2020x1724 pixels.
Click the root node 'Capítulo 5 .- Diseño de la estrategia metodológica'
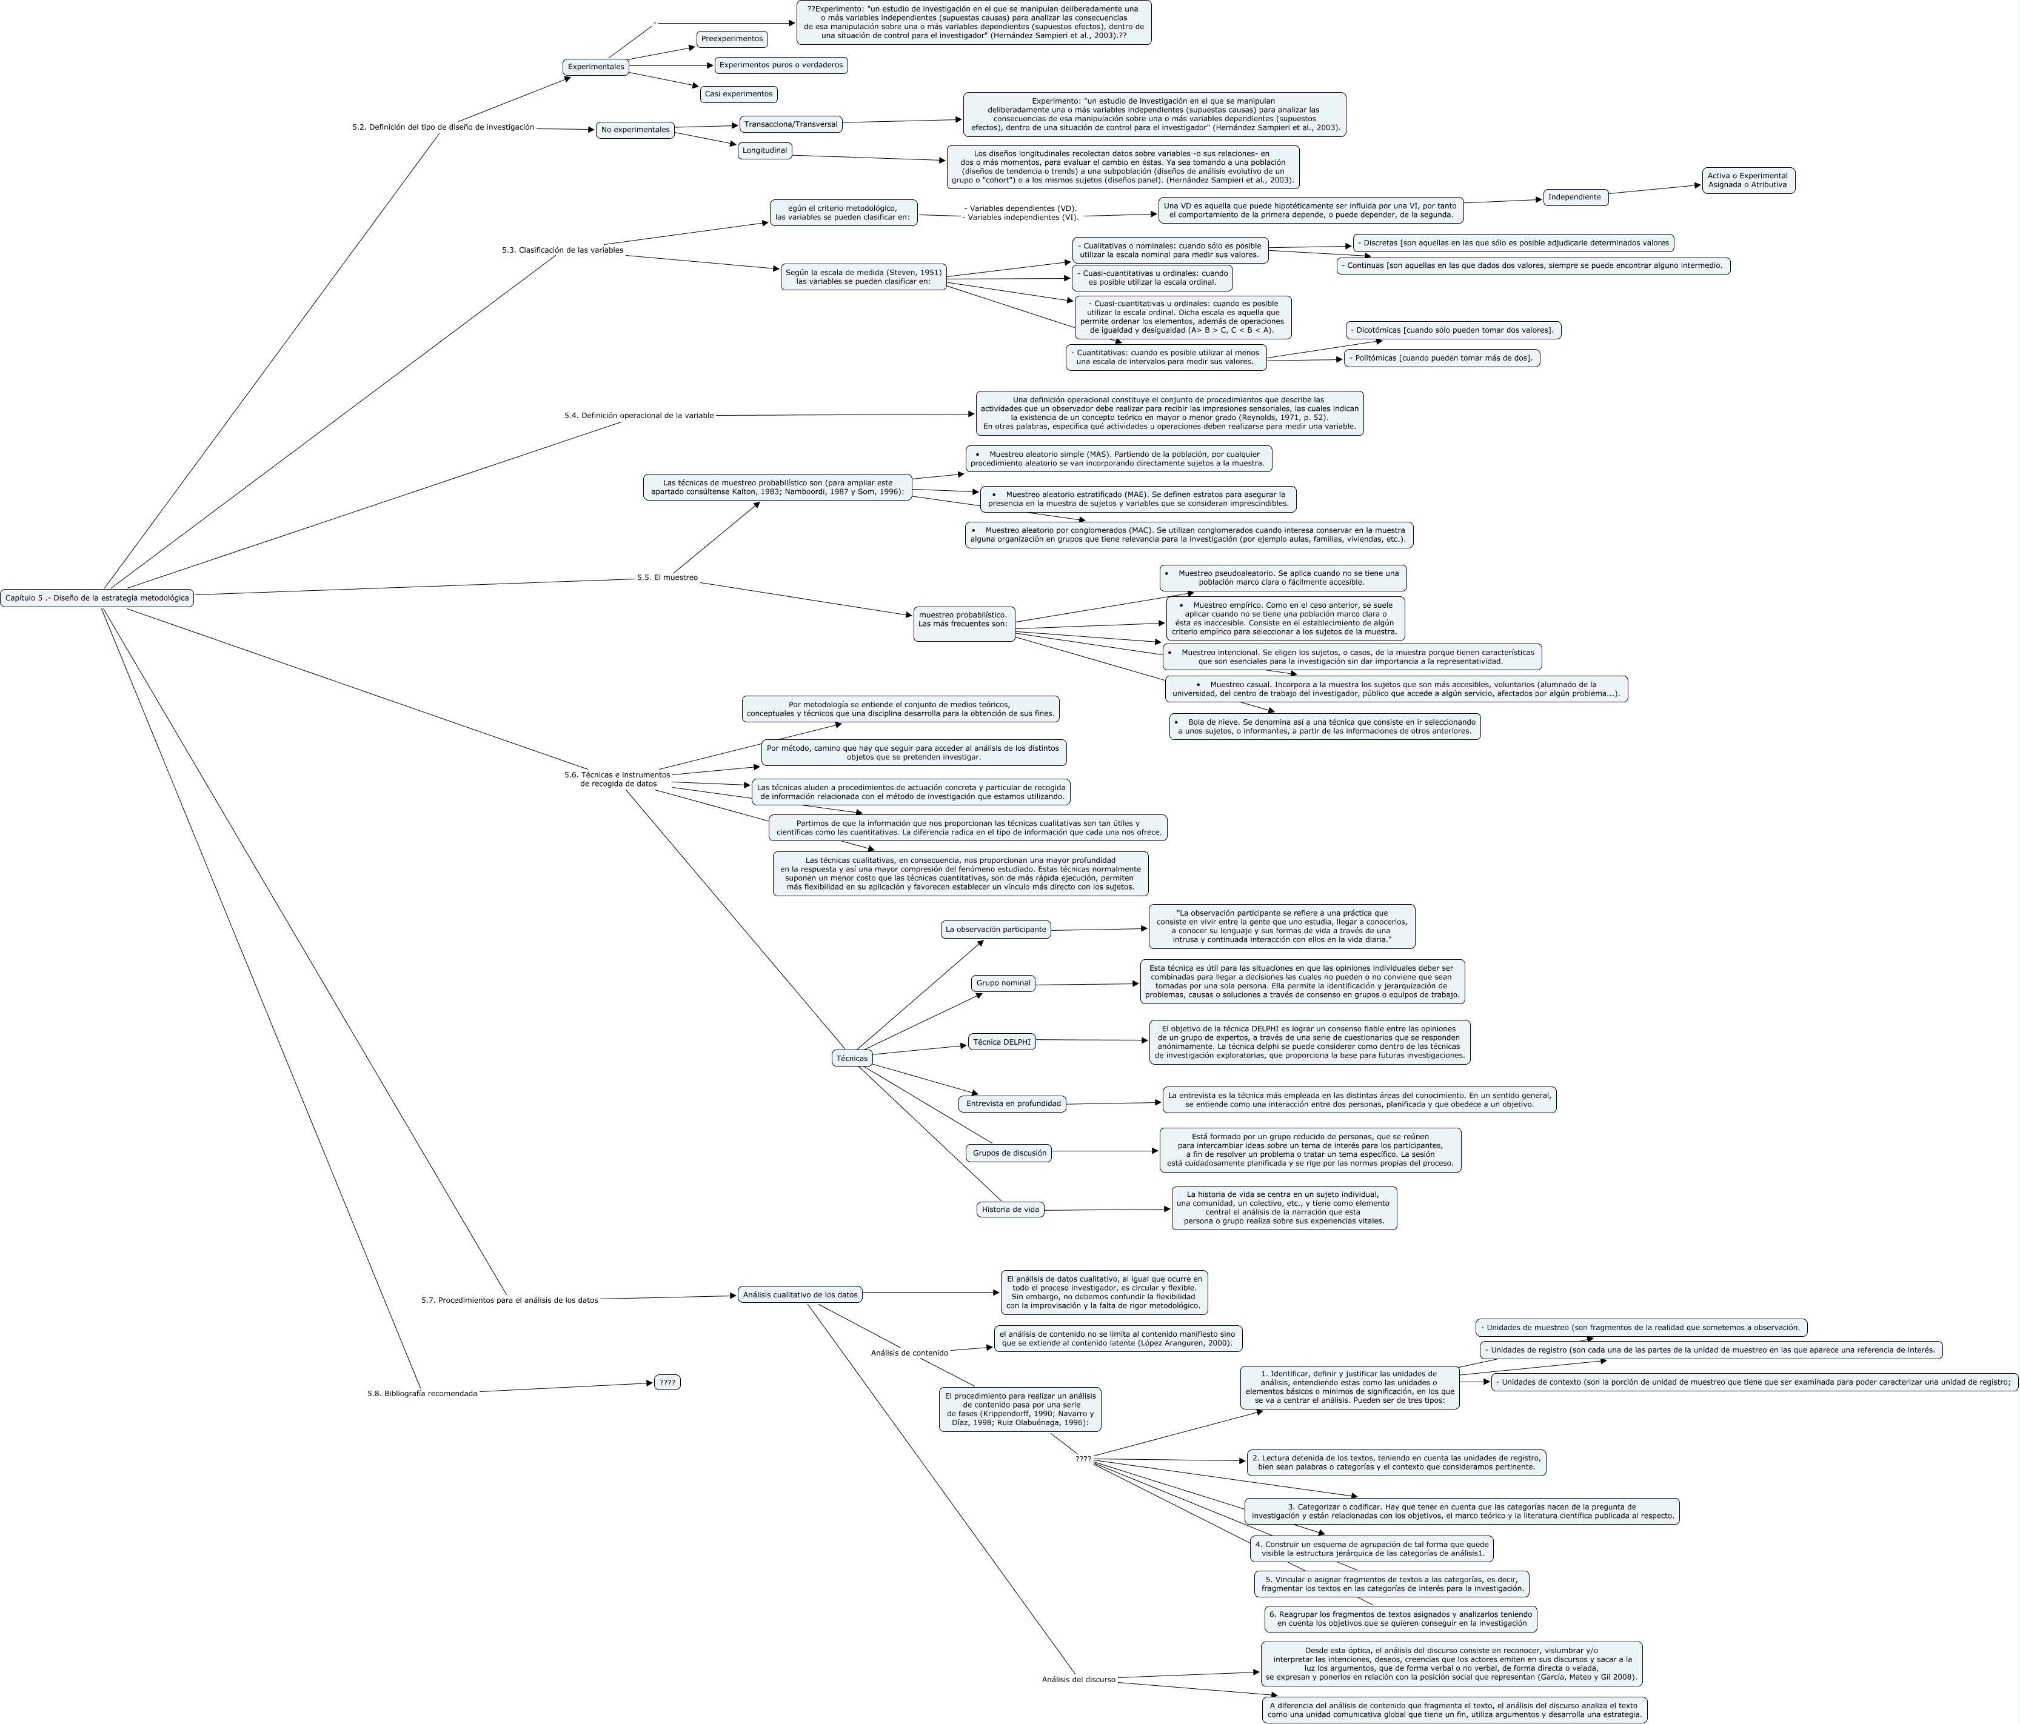[x=96, y=598]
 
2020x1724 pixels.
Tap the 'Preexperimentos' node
[x=731, y=39]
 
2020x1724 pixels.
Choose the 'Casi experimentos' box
[x=738, y=95]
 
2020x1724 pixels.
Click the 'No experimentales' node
[x=635, y=130]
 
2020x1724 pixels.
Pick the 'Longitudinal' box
[x=764, y=151]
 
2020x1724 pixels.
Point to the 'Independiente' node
[x=1574, y=197]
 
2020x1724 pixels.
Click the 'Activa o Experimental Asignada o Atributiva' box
[x=1747, y=181]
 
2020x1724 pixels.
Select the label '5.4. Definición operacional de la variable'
[x=638, y=415]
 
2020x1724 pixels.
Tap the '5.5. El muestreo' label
[x=667, y=578]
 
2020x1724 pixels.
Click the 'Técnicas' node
[x=851, y=1059]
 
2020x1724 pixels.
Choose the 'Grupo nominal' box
[x=1002, y=983]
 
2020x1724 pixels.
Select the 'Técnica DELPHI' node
[x=1002, y=1042]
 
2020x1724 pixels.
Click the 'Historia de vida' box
[x=1010, y=1210]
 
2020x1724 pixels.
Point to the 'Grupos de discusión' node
[x=1009, y=1153]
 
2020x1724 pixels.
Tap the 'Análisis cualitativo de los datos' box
[x=800, y=1295]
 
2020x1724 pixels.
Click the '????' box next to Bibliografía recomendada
[x=667, y=1382]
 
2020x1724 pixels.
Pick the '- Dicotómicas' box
[x=1453, y=330]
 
